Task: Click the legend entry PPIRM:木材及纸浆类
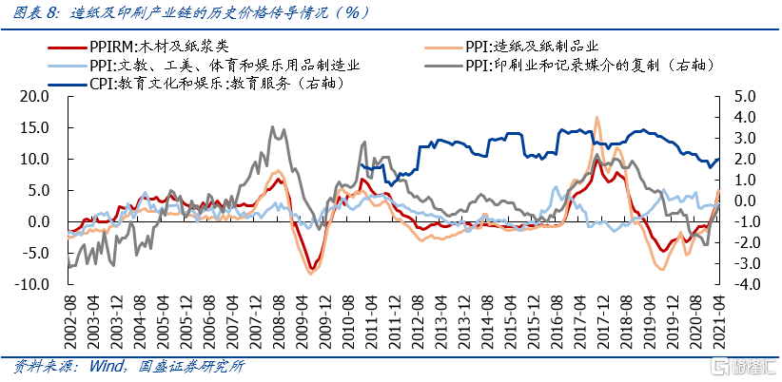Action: tap(158, 46)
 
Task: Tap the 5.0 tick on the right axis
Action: tap(740, 96)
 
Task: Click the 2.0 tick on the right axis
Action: tap(740, 159)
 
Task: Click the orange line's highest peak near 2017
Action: tap(596, 118)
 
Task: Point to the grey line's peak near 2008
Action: tap(272, 127)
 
